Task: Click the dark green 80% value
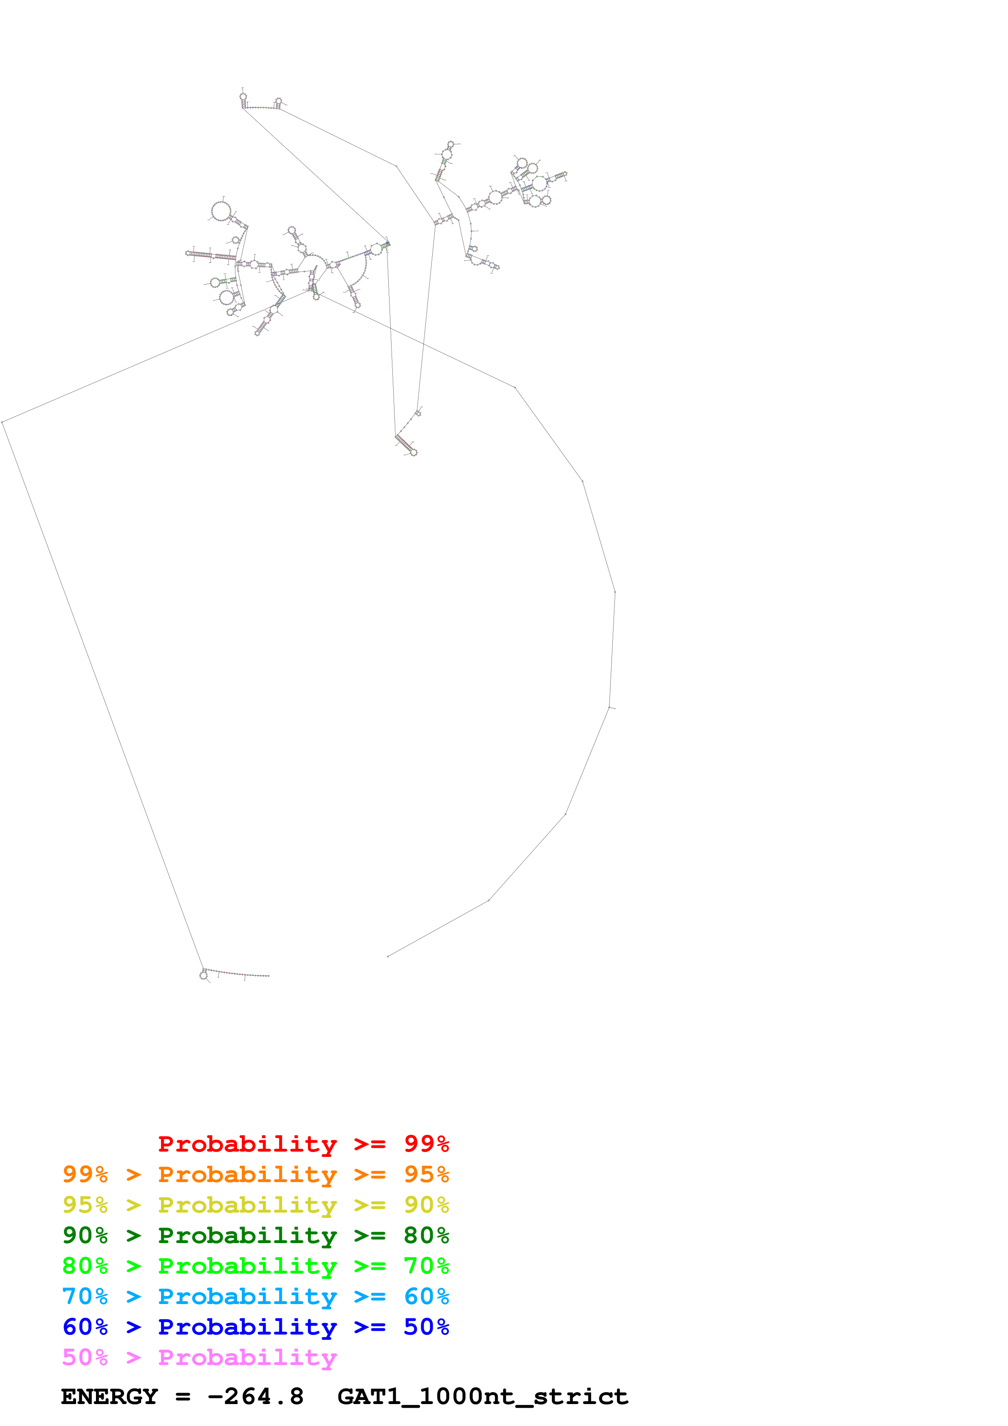[x=426, y=1235]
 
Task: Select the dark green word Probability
[x=247, y=1235]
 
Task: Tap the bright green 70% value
[x=426, y=1266]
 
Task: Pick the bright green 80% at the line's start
[x=85, y=1266]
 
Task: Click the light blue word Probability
[x=247, y=1296]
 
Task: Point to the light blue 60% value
[x=426, y=1296]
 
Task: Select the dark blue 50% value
[x=426, y=1327]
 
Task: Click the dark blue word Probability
[x=247, y=1327]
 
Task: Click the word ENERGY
[x=109, y=1396]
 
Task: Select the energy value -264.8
[x=256, y=1396]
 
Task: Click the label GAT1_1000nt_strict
[x=483, y=1396]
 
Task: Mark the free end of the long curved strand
[x=388, y=956]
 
